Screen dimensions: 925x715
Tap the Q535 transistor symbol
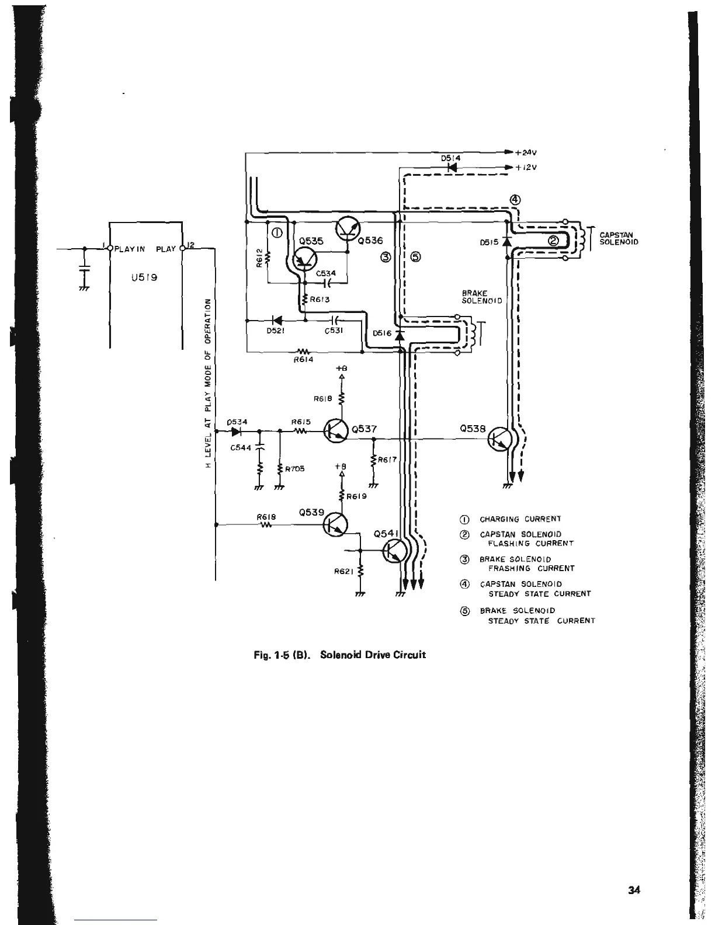click(304, 259)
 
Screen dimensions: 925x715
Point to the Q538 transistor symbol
click(500, 439)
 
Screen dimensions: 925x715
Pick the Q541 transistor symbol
click(395, 551)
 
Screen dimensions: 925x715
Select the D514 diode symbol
click(452, 167)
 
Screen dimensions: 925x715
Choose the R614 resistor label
click(303, 360)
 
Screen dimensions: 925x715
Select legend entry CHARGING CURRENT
click(520, 519)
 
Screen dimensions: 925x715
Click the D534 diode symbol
click(237, 432)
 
